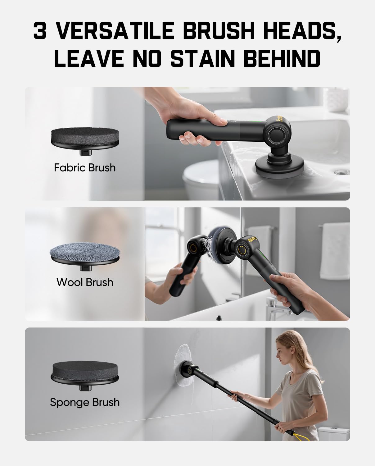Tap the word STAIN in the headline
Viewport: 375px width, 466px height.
tap(203, 58)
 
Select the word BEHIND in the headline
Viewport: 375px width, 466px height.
tap(282, 58)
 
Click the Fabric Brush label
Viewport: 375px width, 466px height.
tap(85, 167)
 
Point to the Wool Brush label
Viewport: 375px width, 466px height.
tap(85, 282)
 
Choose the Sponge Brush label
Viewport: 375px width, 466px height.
tap(85, 402)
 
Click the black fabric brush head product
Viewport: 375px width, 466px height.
tap(85, 141)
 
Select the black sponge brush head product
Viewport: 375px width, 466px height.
tap(85, 376)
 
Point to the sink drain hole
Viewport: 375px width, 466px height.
tap(342, 172)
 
